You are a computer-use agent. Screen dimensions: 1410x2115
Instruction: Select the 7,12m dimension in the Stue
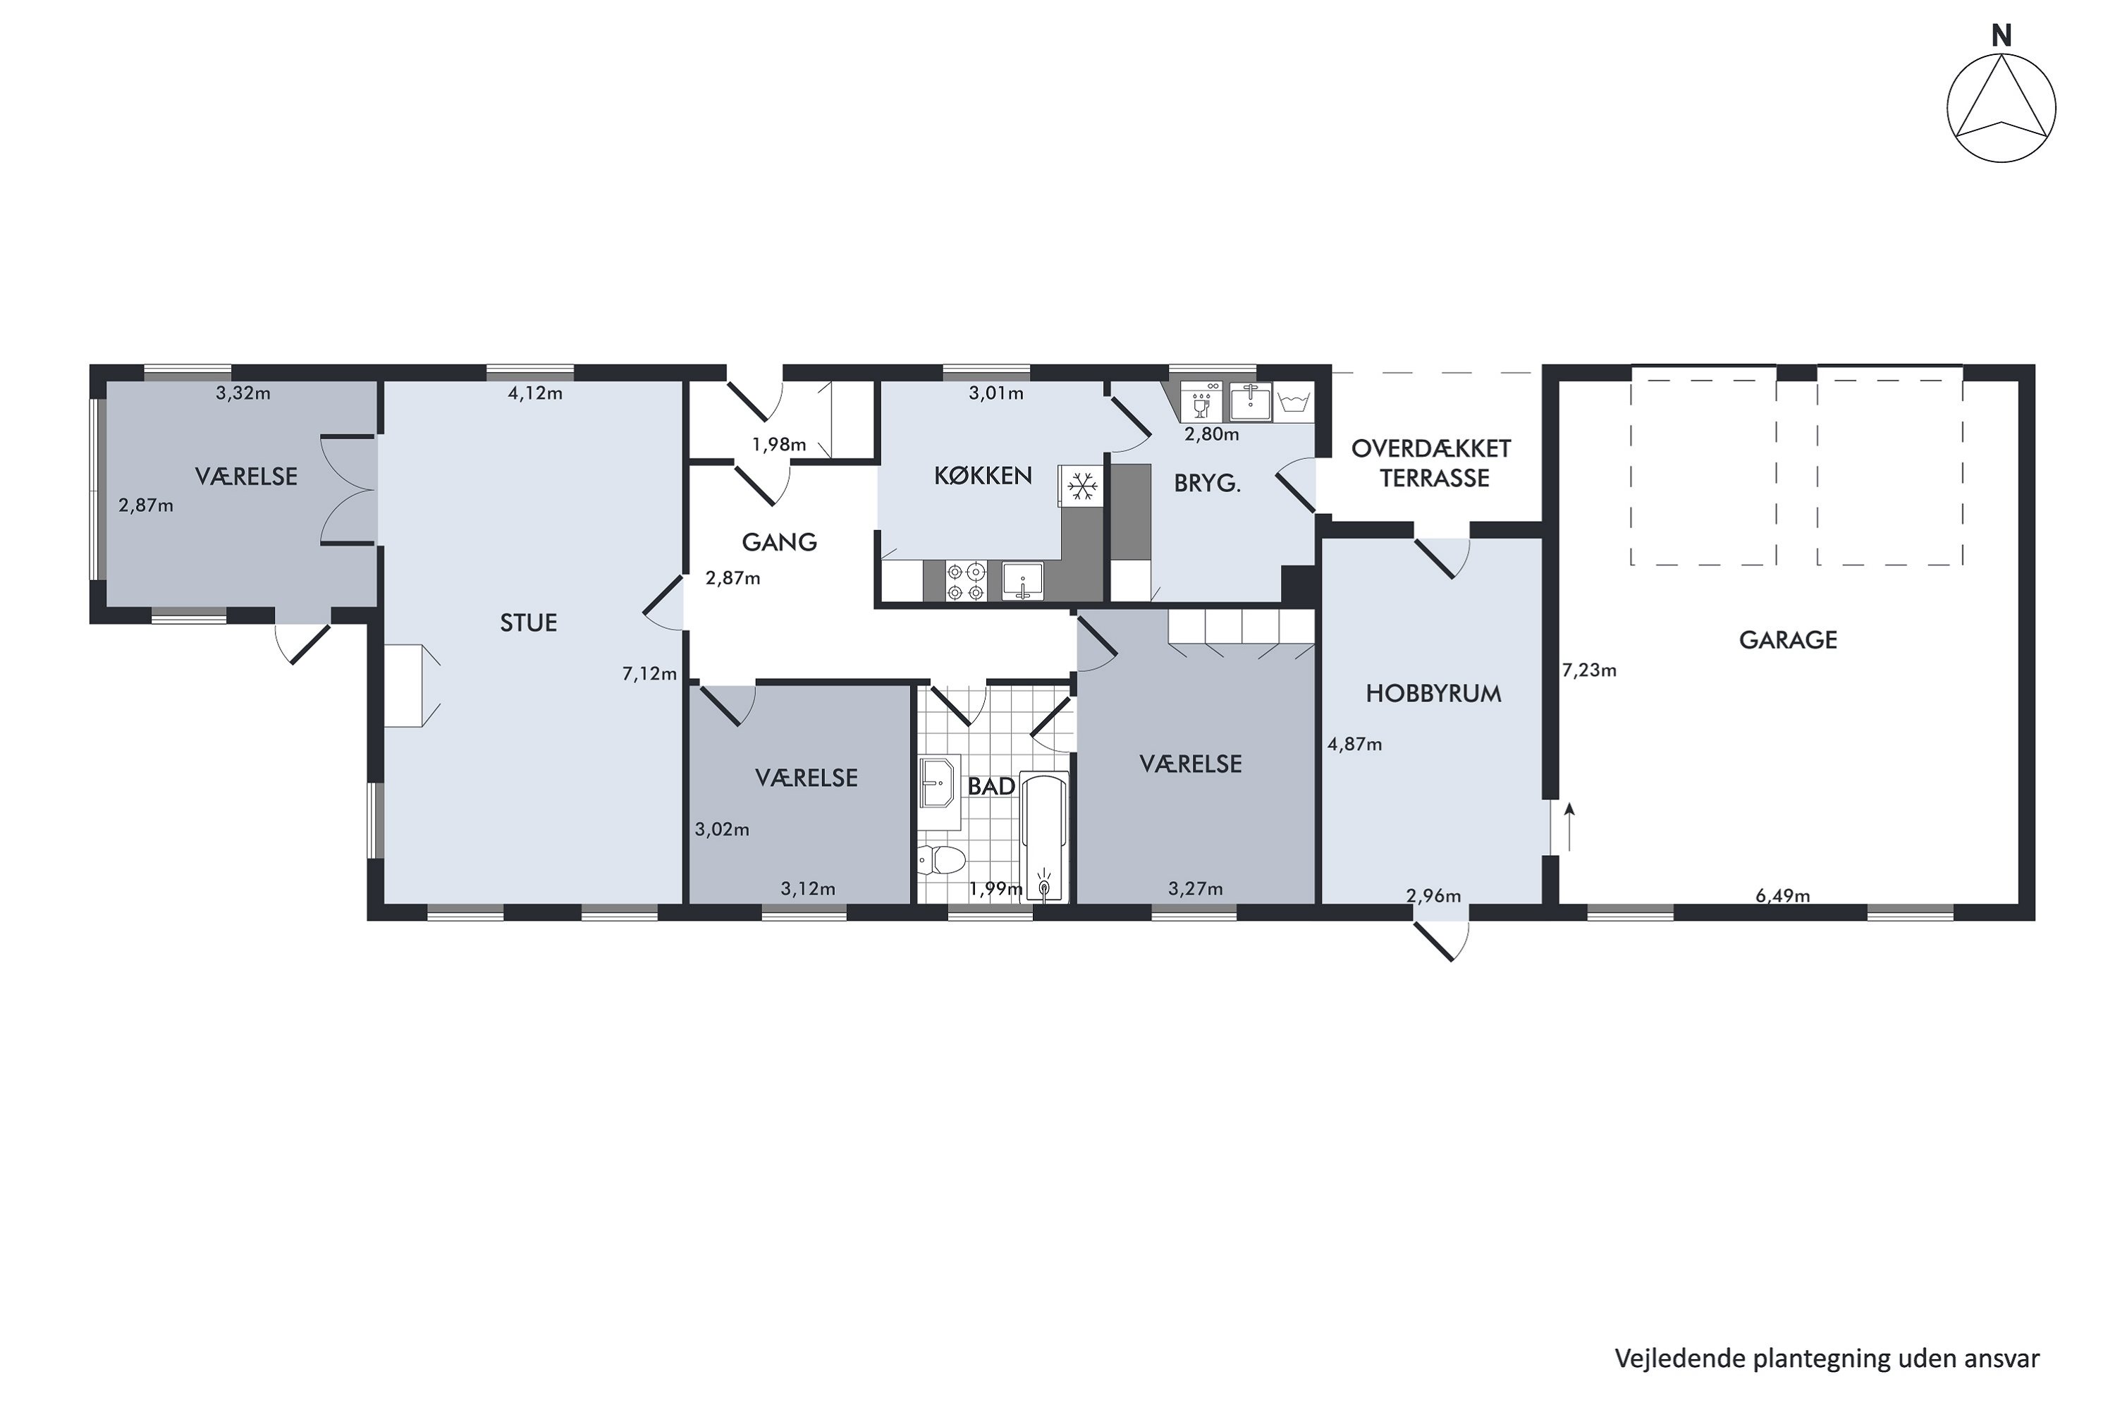(649, 673)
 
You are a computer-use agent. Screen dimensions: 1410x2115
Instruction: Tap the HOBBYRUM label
(1433, 693)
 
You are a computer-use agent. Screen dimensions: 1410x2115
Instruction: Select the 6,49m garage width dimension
(1782, 895)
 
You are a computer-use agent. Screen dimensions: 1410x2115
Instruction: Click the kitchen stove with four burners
(965, 581)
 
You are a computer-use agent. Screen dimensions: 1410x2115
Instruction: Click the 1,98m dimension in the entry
(779, 444)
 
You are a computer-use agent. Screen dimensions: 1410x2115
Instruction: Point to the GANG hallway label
(779, 542)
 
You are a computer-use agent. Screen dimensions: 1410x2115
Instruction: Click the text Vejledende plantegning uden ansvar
(1827, 1358)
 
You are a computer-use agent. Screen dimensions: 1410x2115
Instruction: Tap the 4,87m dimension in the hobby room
(1354, 744)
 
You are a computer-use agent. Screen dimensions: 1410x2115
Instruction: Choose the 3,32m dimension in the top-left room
(243, 393)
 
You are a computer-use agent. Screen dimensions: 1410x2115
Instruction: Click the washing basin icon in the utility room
(1293, 402)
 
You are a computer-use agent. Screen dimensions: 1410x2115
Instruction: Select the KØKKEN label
(982, 476)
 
